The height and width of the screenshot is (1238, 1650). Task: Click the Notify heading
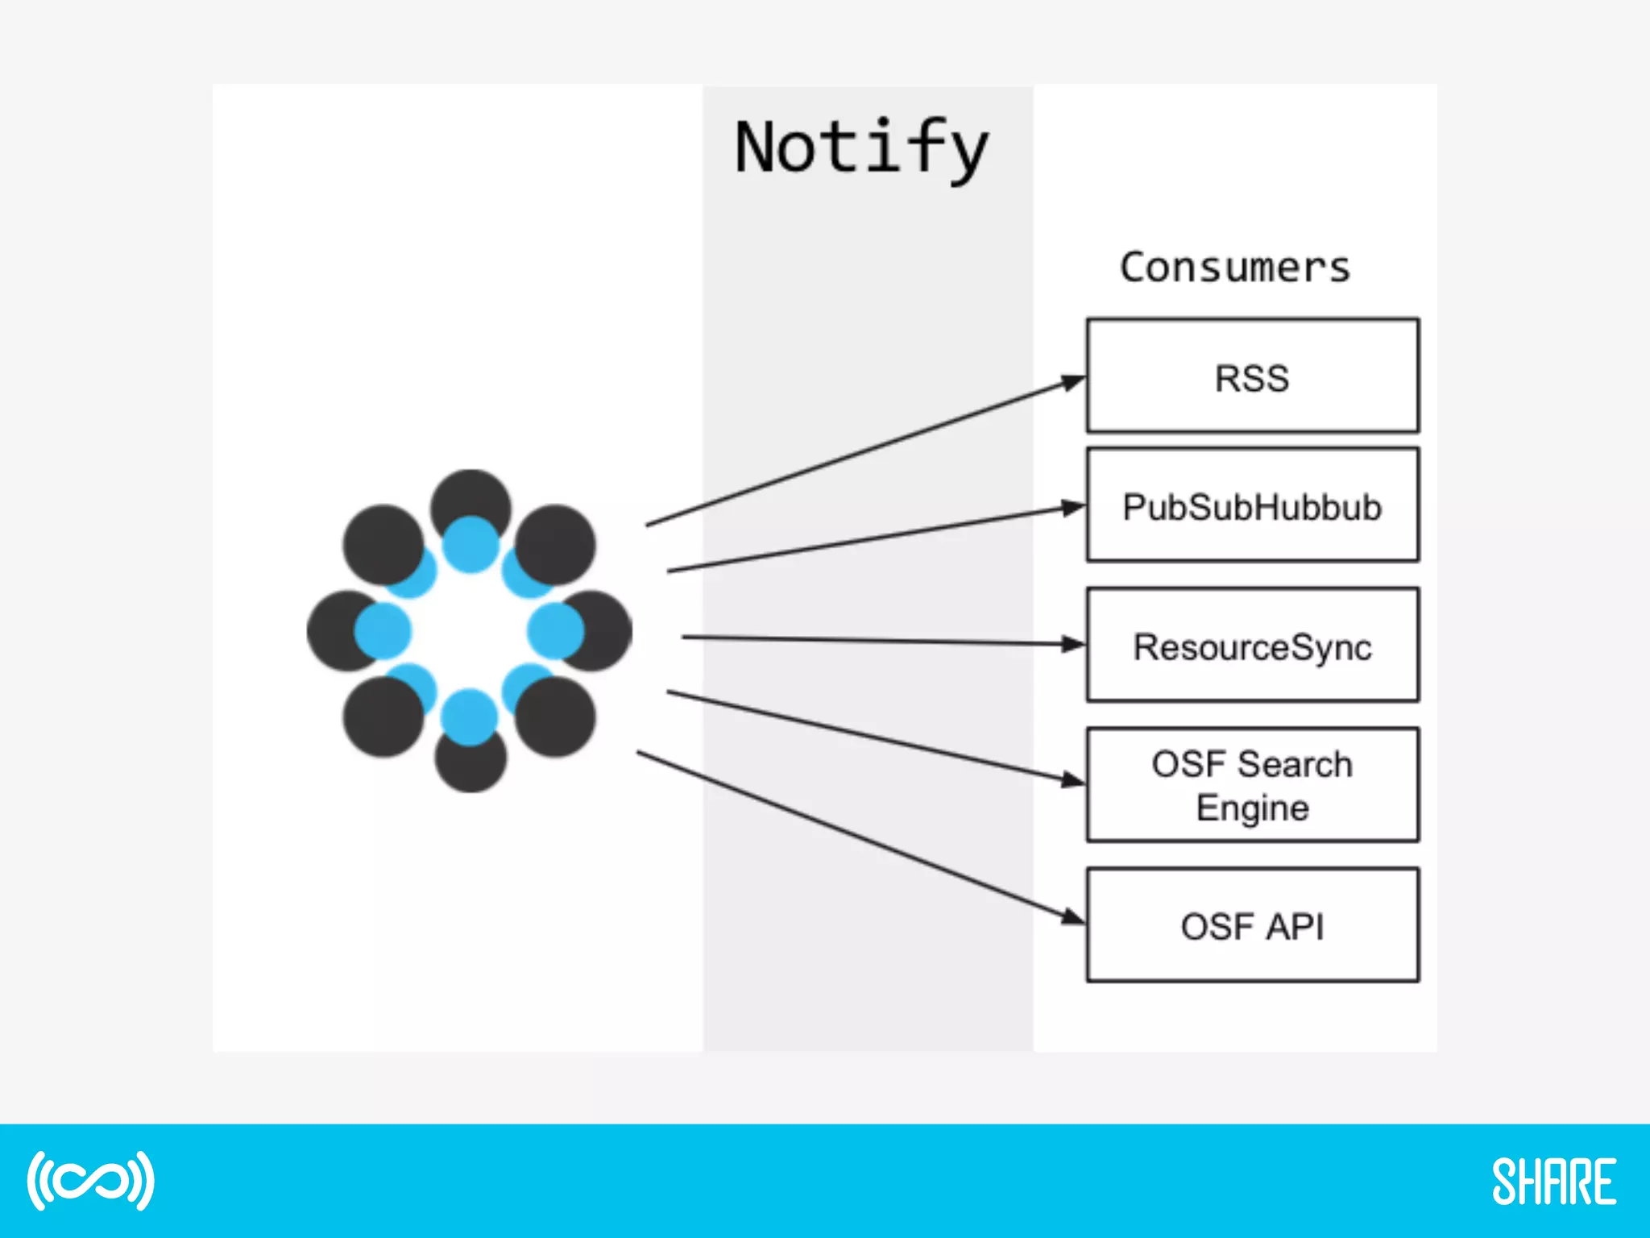(x=861, y=148)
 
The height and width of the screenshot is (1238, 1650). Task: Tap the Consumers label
(x=1234, y=268)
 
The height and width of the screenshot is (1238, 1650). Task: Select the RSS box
(x=1252, y=376)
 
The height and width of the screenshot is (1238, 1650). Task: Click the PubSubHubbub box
(x=1252, y=505)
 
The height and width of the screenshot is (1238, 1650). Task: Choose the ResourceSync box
(x=1252, y=645)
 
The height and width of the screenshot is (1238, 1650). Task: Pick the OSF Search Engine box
(x=1252, y=785)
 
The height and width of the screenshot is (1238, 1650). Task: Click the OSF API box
(x=1252, y=925)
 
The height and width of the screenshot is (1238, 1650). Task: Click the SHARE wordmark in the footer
(x=1554, y=1182)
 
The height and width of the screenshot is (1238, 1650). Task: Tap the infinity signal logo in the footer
(x=90, y=1181)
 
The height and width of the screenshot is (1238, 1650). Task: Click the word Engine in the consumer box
(x=1252, y=808)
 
